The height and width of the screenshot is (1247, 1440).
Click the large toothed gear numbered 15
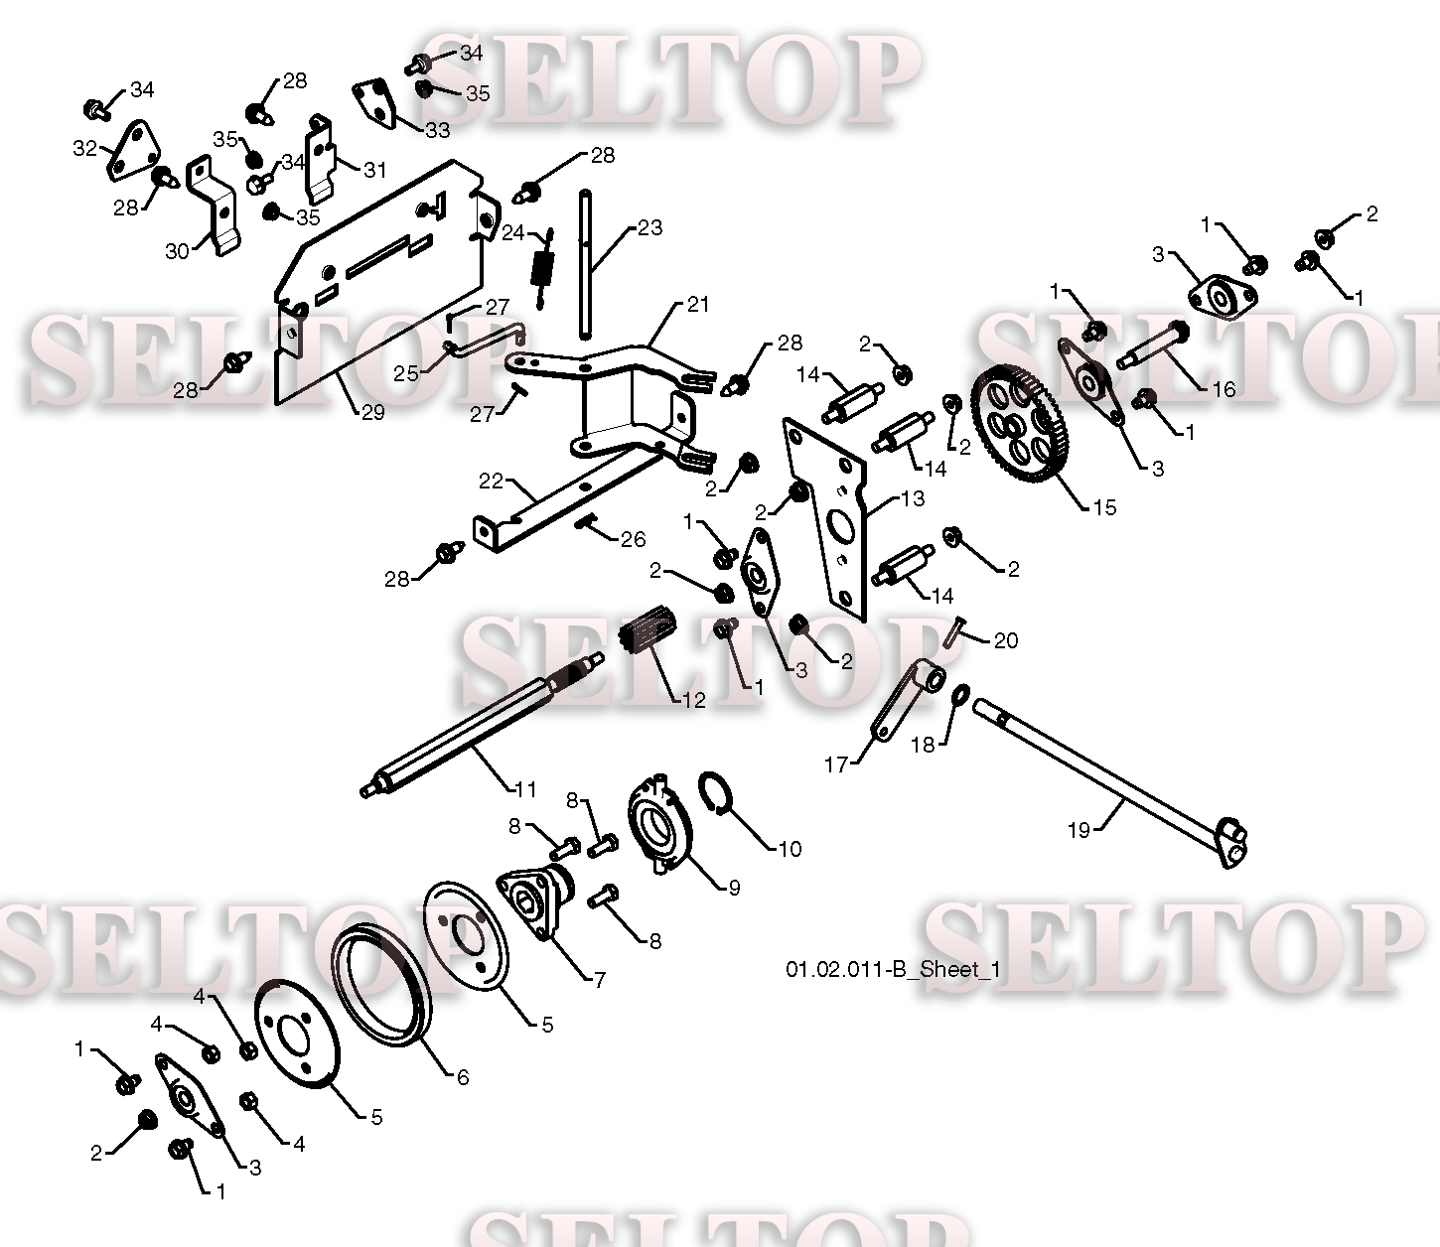click(1023, 427)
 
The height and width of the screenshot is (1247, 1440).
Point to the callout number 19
click(1079, 830)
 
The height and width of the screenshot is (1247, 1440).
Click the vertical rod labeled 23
click(588, 263)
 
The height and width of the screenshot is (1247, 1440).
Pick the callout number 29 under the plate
click(372, 412)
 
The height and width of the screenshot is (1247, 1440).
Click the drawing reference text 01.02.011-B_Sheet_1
click(892, 969)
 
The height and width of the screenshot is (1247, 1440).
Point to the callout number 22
click(492, 481)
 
